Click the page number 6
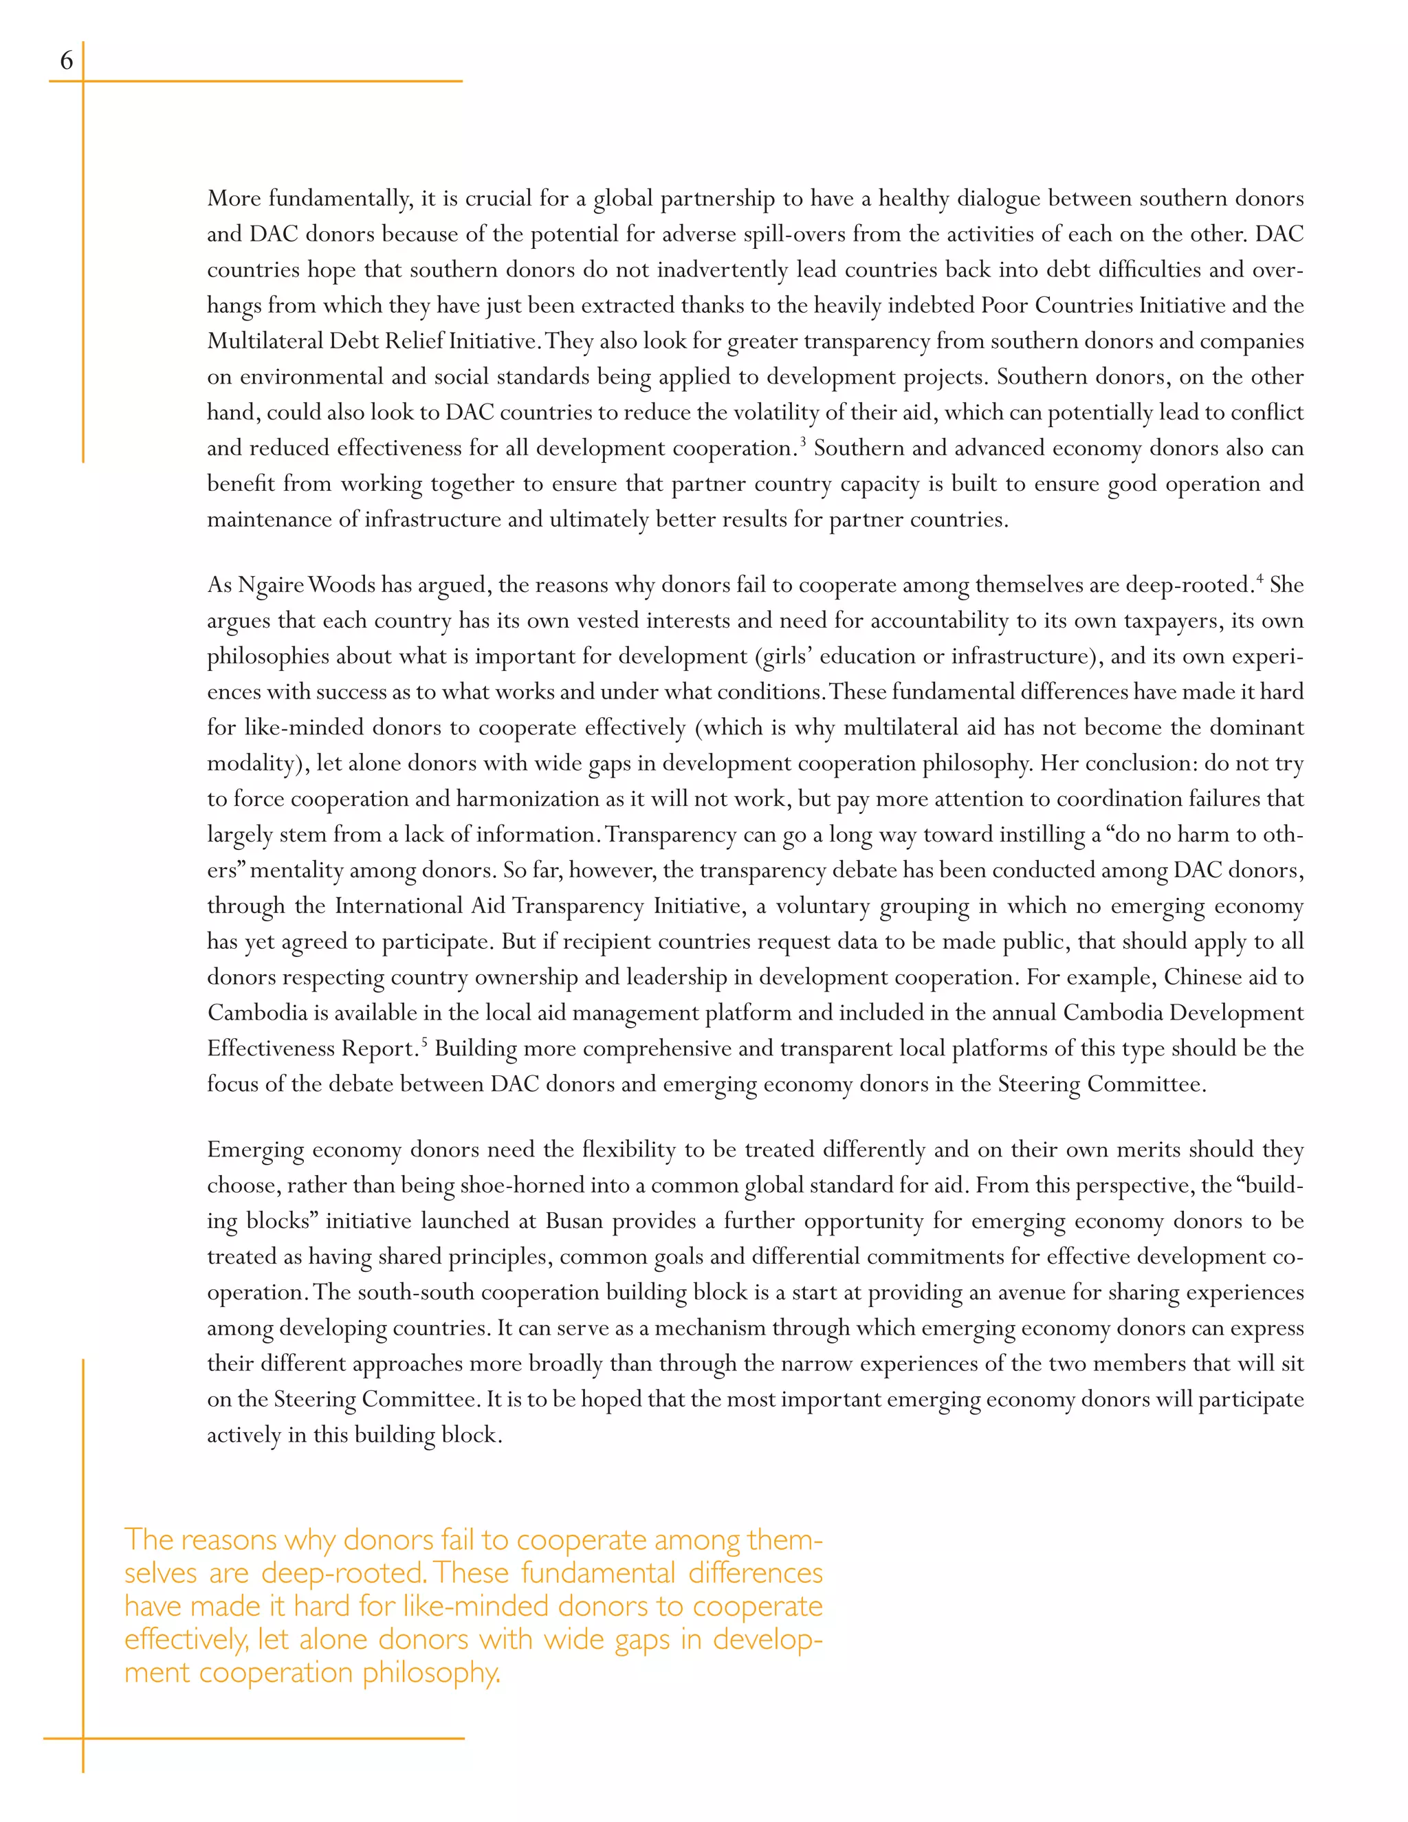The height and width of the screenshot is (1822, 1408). [x=66, y=60]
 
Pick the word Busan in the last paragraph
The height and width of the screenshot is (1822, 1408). [x=575, y=1221]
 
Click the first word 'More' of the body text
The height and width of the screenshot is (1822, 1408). [x=234, y=199]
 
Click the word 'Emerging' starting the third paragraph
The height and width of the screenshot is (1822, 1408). [x=255, y=1150]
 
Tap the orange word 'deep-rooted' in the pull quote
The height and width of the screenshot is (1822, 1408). [x=342, y=1573]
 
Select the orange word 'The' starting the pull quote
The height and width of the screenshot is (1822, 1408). [x=148, y=1539]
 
